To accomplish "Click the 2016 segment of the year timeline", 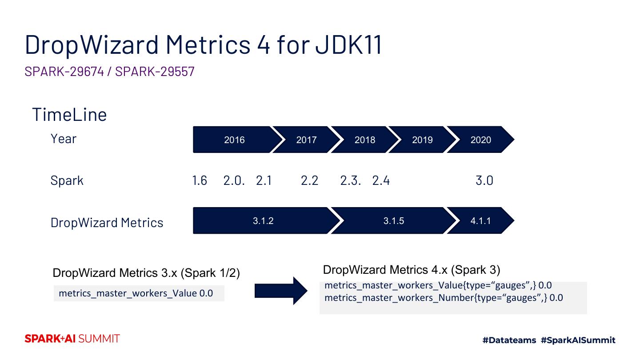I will (234, 140).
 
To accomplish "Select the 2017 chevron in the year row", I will (306, 140).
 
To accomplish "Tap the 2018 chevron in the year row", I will (364, 140).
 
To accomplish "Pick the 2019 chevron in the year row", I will (422, 140).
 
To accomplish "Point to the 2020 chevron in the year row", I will (481, 140).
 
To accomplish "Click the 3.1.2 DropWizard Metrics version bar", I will (263, 221).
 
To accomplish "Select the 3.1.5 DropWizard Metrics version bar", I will (394, 221).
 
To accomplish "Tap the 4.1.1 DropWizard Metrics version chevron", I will (480, 221).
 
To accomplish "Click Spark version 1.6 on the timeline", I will (200, 181).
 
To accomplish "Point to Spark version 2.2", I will (309, 181).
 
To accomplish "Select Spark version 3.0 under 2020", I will (484, 181).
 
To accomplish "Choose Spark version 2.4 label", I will (381, 181).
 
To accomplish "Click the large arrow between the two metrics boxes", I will (281, 291).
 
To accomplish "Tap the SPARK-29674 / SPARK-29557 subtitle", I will (110, 72).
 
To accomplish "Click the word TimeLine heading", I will (69, 115).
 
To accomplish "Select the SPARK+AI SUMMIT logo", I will (72, 339).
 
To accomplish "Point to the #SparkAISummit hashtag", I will (578, 340).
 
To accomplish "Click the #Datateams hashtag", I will (509, 340).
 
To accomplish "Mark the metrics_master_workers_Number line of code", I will (444, 298).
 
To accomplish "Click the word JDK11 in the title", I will (349, 44).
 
